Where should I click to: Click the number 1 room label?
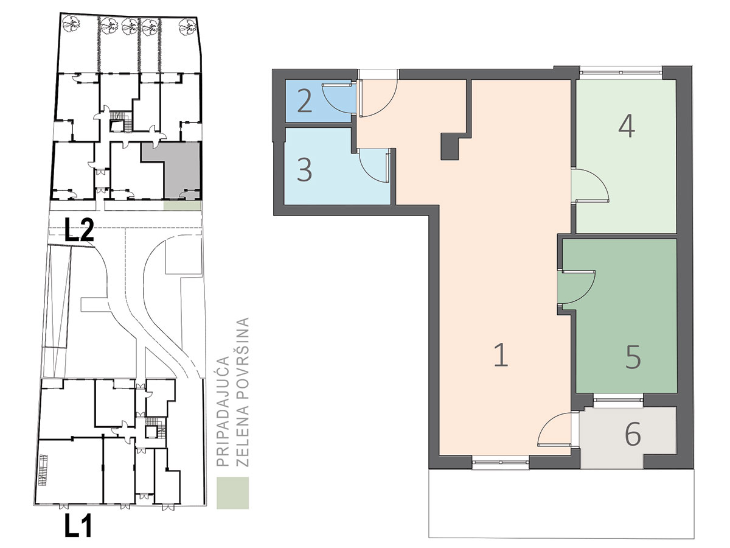501,355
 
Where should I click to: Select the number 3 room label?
304,169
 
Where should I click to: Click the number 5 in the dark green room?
633,357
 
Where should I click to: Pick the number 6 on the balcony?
633,434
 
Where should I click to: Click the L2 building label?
79,230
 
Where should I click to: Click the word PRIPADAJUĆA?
223,411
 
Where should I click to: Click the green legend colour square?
233,493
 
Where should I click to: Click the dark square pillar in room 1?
453,146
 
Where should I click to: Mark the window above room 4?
621,72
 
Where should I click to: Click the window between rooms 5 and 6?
618,399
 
